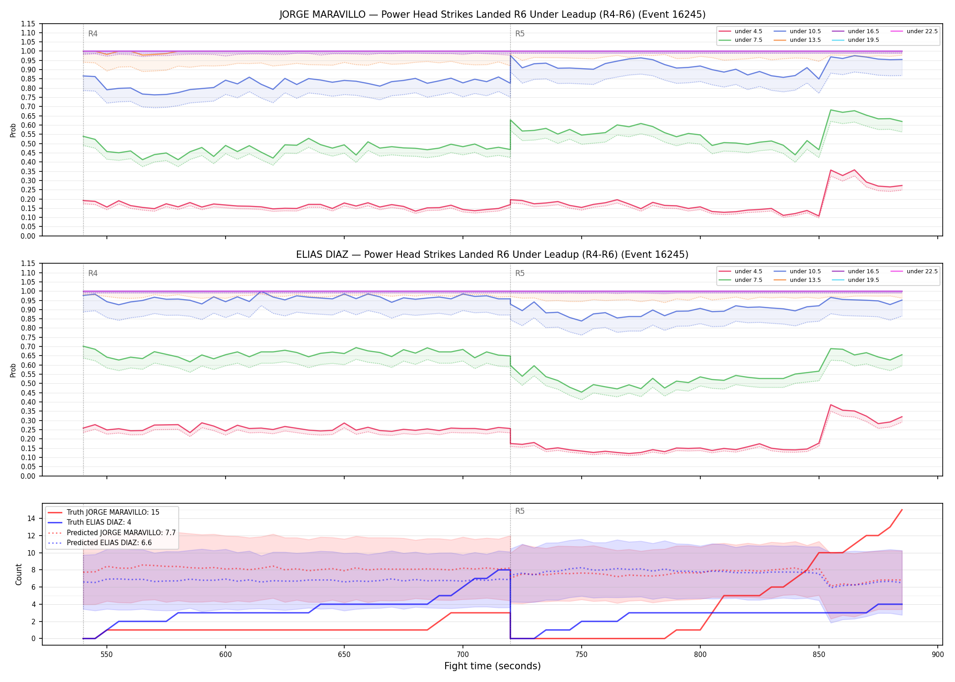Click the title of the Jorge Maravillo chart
click(x=493, y=15)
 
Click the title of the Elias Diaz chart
click(x=493, y=255)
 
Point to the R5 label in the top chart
click(x=520, y=34)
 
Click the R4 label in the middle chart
click(x=93, y=273)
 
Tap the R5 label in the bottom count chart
click(x=520, y=511)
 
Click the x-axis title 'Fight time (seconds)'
click(x=493, y=666)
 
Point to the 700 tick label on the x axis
click(x=462, y=654)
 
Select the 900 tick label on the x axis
click(x=937, y=654)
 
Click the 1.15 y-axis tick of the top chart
click(x=28, y=24)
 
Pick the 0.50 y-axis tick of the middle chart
click(x=28, y=384)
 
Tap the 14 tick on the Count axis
click(x=31, y=518)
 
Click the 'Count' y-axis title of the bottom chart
click(x=19, y=574)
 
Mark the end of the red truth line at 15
click(x=902, y=510)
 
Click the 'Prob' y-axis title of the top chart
click(x=13, y=130)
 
